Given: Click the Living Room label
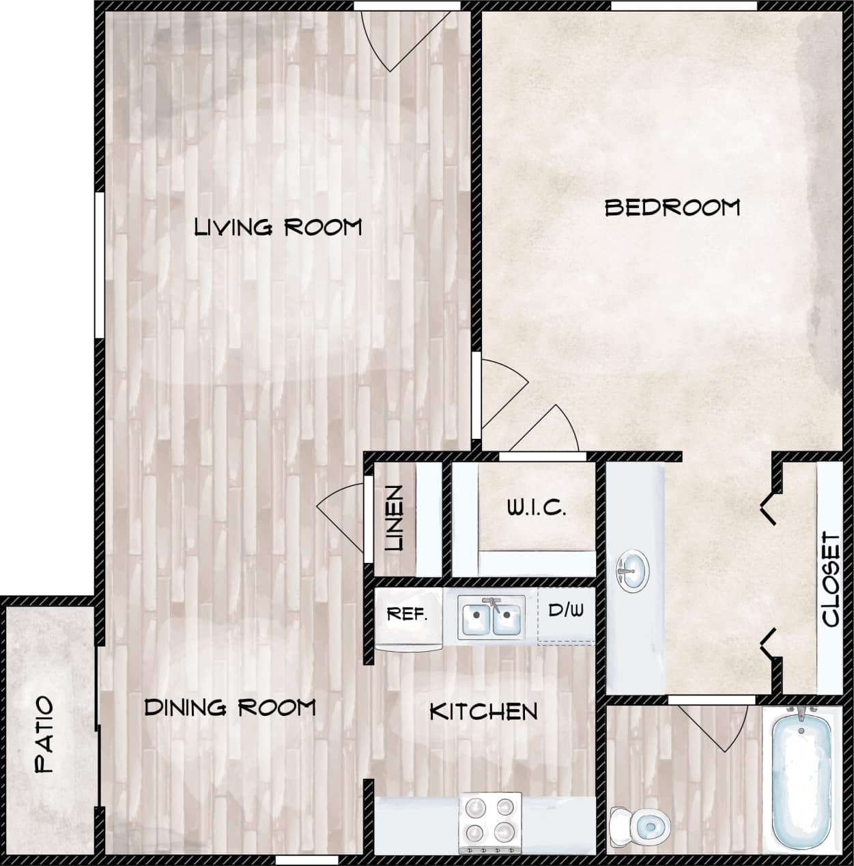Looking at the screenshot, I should [x=278, y=227].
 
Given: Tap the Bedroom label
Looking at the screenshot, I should [x=672, y=207].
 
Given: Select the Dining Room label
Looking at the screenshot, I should [x=230, y=708].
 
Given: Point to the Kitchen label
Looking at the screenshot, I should [x=483, y=712].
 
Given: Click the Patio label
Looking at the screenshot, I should [x=44, y=734].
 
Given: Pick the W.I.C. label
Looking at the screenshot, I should [x=536, y=508].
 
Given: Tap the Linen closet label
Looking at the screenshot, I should [x=395, y=518].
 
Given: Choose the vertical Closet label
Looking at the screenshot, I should [x=831, y=579].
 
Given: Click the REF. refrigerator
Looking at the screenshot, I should [x=408, y=614].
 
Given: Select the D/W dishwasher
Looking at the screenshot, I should [x=566, y=610].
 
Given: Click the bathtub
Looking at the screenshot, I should [x=801, y=777].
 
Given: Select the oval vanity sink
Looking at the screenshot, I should [x=633, y=572].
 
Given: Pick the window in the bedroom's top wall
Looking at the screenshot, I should [x=683, y=6].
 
